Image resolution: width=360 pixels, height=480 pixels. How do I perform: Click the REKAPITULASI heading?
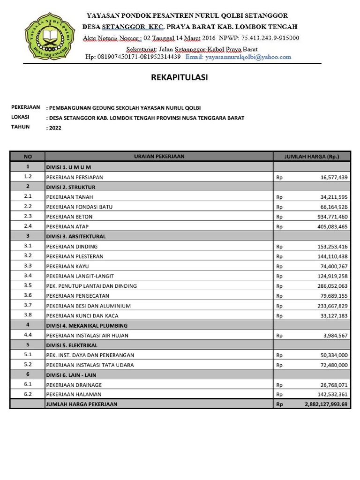(179, 78)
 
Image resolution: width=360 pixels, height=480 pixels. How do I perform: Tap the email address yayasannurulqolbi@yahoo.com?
(238, 57)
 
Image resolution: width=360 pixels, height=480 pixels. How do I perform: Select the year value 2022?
(55, 127)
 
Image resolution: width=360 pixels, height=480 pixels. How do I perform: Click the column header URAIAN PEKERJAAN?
(159, 157)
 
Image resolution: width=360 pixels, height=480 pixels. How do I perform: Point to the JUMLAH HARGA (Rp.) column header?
(311, 157)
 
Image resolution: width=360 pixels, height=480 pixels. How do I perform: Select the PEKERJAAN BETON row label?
(69, 217)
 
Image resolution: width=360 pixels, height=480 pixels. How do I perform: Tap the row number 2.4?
(28, 226)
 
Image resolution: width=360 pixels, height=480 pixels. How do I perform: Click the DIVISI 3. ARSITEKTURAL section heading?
(75, 236)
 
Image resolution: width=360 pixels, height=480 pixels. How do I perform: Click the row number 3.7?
(28, 306)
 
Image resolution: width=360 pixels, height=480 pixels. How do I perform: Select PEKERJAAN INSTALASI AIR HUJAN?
(87, 335)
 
